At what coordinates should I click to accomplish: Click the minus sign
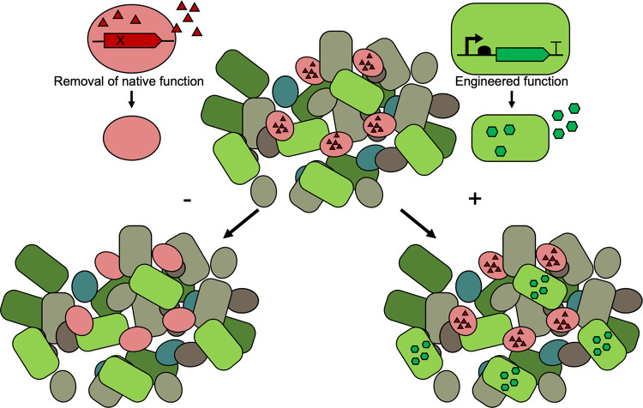pyautogui.click(x=187, y=200)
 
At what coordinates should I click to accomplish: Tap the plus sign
pyautogui.click(x=470, y=200)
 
